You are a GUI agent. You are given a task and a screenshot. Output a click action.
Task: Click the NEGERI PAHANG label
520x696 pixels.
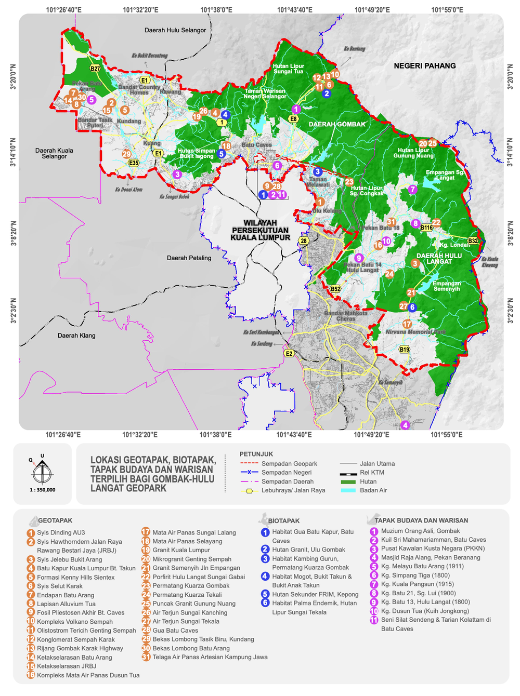point(424,66)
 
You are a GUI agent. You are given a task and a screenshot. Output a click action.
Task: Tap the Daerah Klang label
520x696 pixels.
point(76,336)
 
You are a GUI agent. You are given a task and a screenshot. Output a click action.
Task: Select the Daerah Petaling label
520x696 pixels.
point(189,258)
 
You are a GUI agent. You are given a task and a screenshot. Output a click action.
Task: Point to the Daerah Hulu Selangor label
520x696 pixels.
point(175,30)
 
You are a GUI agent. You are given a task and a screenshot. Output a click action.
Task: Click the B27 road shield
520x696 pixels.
point(95,69)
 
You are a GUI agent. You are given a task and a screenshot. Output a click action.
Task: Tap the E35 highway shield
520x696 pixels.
point(134,163)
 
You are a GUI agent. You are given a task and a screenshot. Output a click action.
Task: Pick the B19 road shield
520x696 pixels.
point(404,350)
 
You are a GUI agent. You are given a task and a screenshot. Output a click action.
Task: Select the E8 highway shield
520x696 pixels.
point(294,119)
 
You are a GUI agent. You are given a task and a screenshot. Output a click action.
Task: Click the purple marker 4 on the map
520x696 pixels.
point(405,425)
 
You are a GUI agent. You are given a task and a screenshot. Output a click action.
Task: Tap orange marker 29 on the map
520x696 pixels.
point(127,154)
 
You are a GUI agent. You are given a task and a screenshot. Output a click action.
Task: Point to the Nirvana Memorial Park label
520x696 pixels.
point(416,332)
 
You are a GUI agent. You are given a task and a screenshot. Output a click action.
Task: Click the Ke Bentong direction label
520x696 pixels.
point(354,49)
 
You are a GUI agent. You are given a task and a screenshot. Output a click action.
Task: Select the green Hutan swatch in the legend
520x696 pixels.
point(347,481)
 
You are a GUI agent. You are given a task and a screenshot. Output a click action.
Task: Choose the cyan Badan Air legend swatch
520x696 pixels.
point(347,490)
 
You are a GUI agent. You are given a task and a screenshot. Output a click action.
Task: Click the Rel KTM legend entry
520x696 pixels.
point(372,473)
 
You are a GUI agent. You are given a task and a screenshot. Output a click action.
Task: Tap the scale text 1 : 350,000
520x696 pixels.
point(42,490)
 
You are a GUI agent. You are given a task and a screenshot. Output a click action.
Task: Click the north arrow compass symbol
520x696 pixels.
point(42,472)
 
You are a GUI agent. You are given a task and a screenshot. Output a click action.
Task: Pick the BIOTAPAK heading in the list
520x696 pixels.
point(284,520)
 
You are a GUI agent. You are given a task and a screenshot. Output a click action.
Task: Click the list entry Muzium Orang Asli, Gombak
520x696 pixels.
point(420,531)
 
